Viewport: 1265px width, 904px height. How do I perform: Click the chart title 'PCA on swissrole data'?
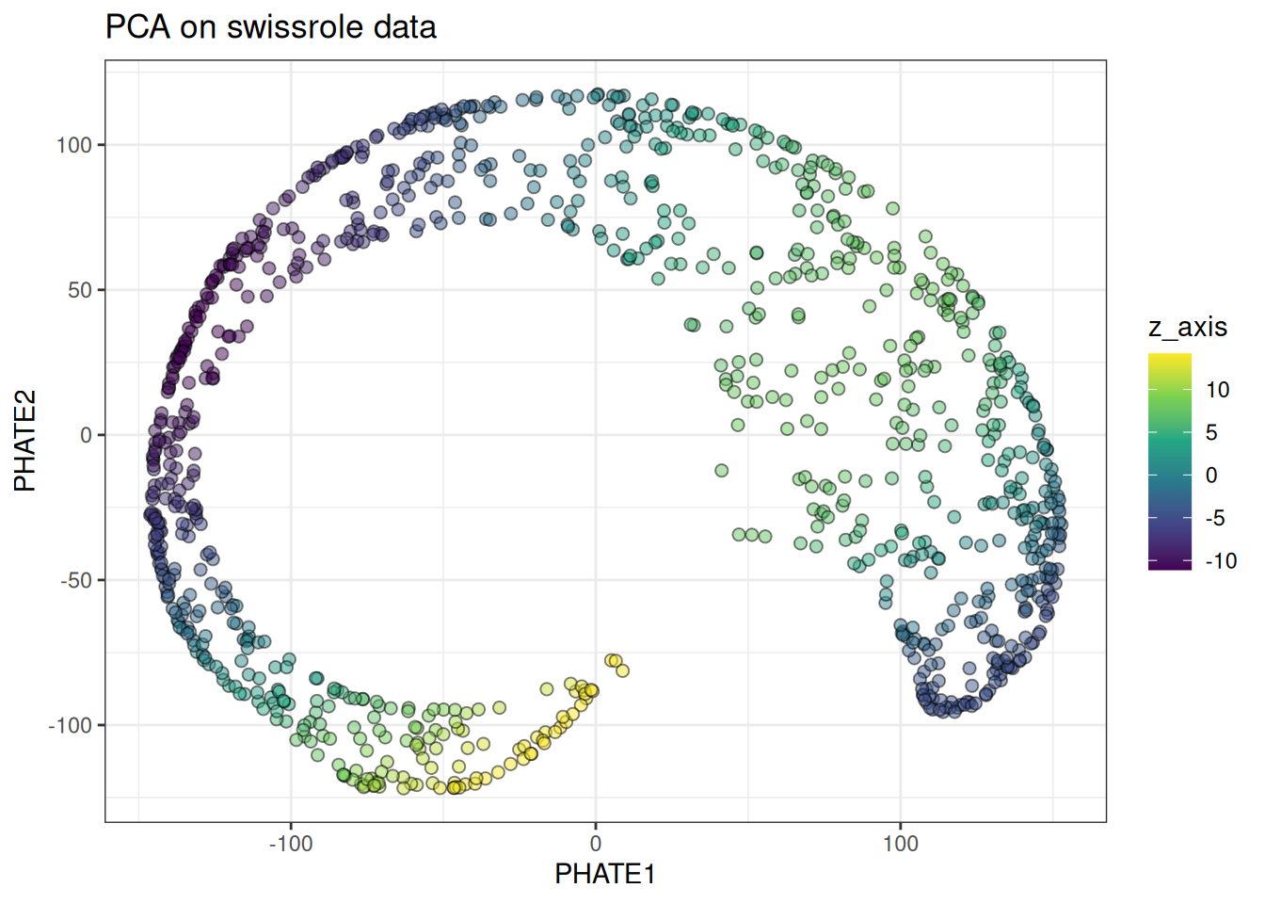point(271,26)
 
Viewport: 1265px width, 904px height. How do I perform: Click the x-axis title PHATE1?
point(605,874)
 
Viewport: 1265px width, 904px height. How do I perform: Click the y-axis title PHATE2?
point(25,441)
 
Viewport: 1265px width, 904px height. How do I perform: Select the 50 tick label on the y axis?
point(80,290)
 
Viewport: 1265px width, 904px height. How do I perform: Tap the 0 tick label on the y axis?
point(87,435)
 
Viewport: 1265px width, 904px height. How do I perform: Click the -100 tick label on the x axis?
point(290,843)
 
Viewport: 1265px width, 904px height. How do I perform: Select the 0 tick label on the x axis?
point(595,843)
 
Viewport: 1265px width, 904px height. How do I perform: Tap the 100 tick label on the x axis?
point(900,843)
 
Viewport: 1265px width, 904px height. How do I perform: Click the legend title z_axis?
point(1188,327)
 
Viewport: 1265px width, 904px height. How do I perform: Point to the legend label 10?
point(1217,390)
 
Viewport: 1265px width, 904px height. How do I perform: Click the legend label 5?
point(1211,432)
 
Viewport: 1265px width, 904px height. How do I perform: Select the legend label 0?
point(1211,476)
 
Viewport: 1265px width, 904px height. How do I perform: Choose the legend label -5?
point(1215,518)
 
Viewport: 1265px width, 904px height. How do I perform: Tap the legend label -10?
point(1221,561)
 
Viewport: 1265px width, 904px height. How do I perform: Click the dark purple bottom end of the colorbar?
point(1169,566)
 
